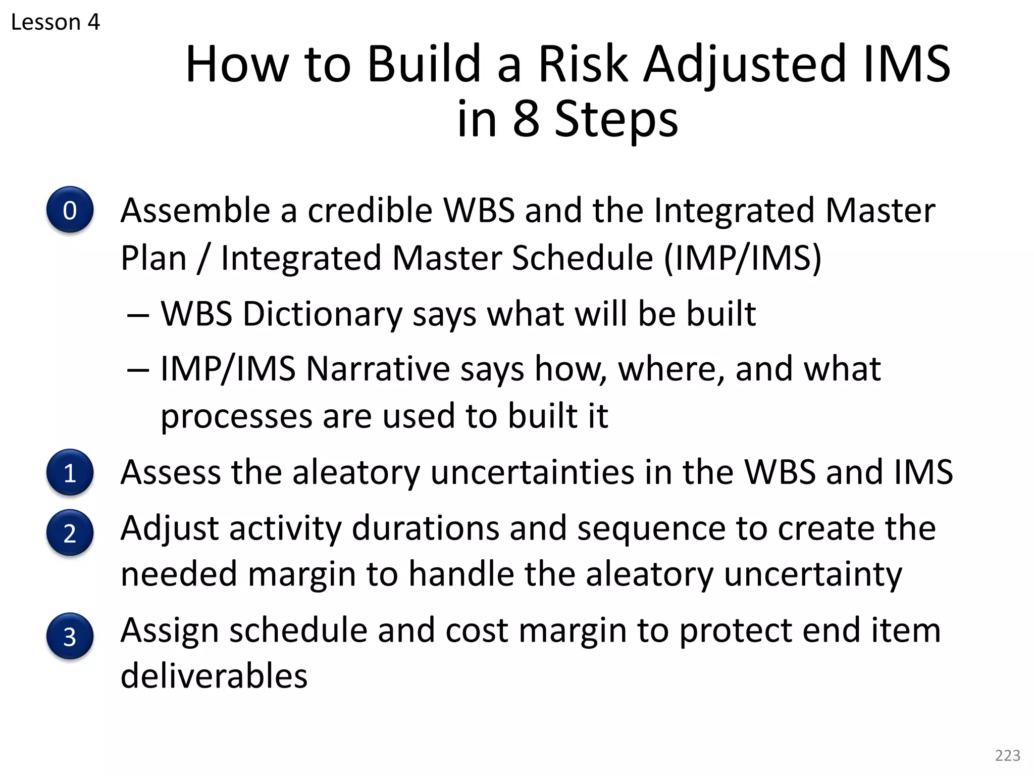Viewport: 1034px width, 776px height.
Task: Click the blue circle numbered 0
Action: [x=70, y=210]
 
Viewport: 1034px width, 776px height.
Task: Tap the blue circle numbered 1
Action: [x=70, y=472]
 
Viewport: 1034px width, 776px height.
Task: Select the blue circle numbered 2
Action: [x=70, y=532]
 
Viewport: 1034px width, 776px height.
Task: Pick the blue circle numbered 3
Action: [x=70, y=636]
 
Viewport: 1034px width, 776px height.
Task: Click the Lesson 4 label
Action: [x=56, y=22]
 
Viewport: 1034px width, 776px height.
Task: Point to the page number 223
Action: [x=1007, y=755]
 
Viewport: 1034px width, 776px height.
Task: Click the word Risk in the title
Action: [x=583, y=64]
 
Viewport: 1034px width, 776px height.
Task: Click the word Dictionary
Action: [x=322, y=314]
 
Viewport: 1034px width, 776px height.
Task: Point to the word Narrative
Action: [x=378, y=369]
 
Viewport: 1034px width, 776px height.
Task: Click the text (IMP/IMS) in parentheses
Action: [x=742, y=258]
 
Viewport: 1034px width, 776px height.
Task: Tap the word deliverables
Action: [x=214, y=676]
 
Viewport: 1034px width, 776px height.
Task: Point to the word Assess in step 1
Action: [x=170, y=472]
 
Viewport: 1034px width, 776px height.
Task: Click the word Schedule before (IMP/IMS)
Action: [x=583, y=258]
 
